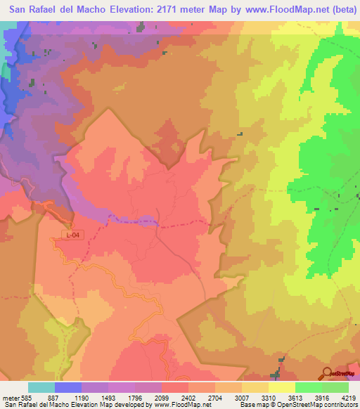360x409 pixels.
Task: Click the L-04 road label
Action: point(72,235)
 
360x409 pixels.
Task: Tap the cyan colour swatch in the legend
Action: point(41,387)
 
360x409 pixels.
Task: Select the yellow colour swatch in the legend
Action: point(282,387)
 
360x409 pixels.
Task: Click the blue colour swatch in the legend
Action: point(68,387)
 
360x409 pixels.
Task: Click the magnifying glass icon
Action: point(328,372)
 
